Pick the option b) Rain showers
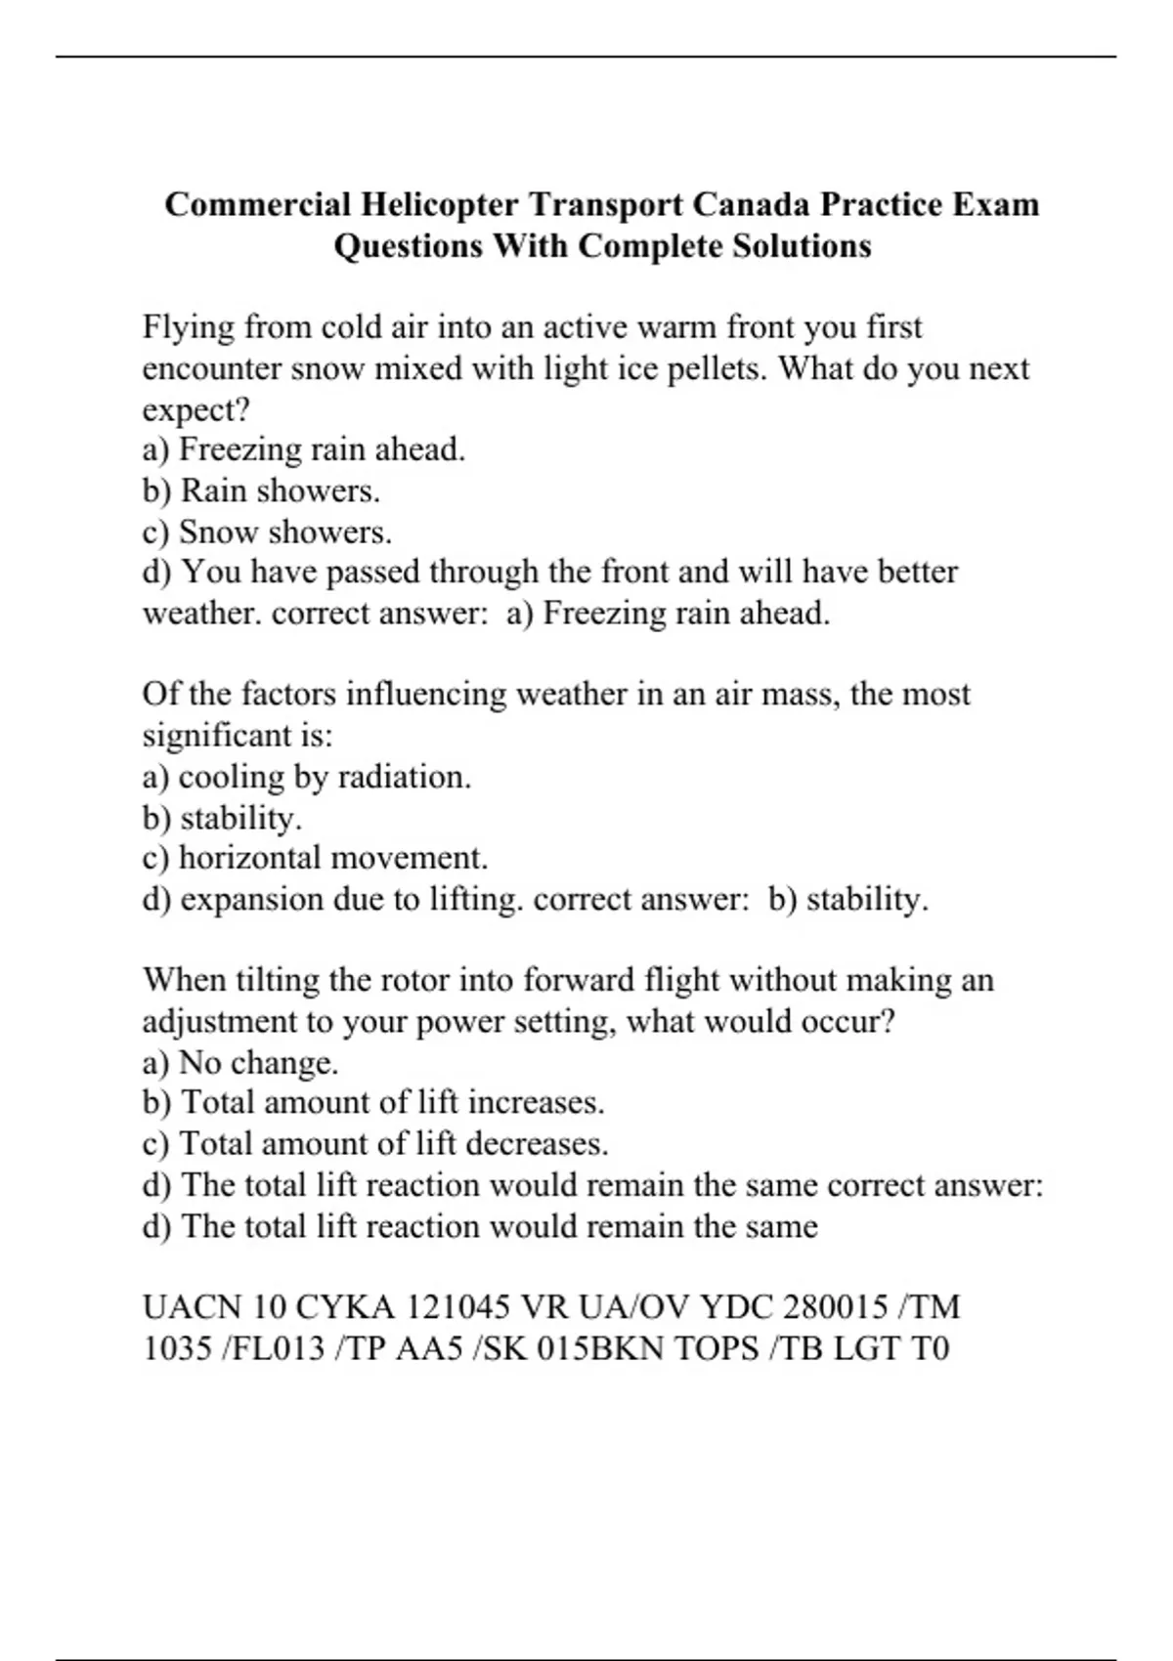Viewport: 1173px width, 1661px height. pos(261,490)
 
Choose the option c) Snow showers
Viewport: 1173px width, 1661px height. pos(267,532)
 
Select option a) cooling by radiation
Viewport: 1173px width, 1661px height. pos(307,778)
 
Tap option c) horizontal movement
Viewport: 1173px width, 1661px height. pos(315,859)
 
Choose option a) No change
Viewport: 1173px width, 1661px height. pos(240,1063)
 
